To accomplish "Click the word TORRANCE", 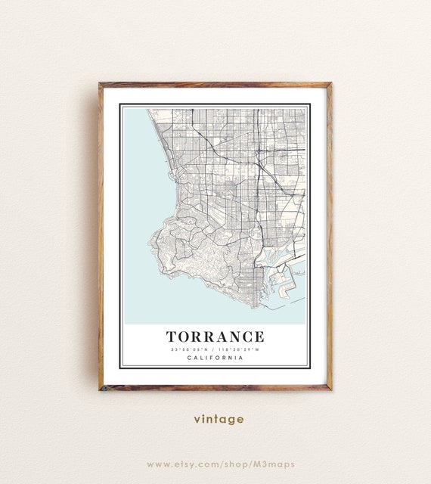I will (215, 337).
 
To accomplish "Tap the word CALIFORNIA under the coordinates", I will (215, 358).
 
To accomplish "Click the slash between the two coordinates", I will (215, 349).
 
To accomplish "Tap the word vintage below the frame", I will (219, 419).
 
